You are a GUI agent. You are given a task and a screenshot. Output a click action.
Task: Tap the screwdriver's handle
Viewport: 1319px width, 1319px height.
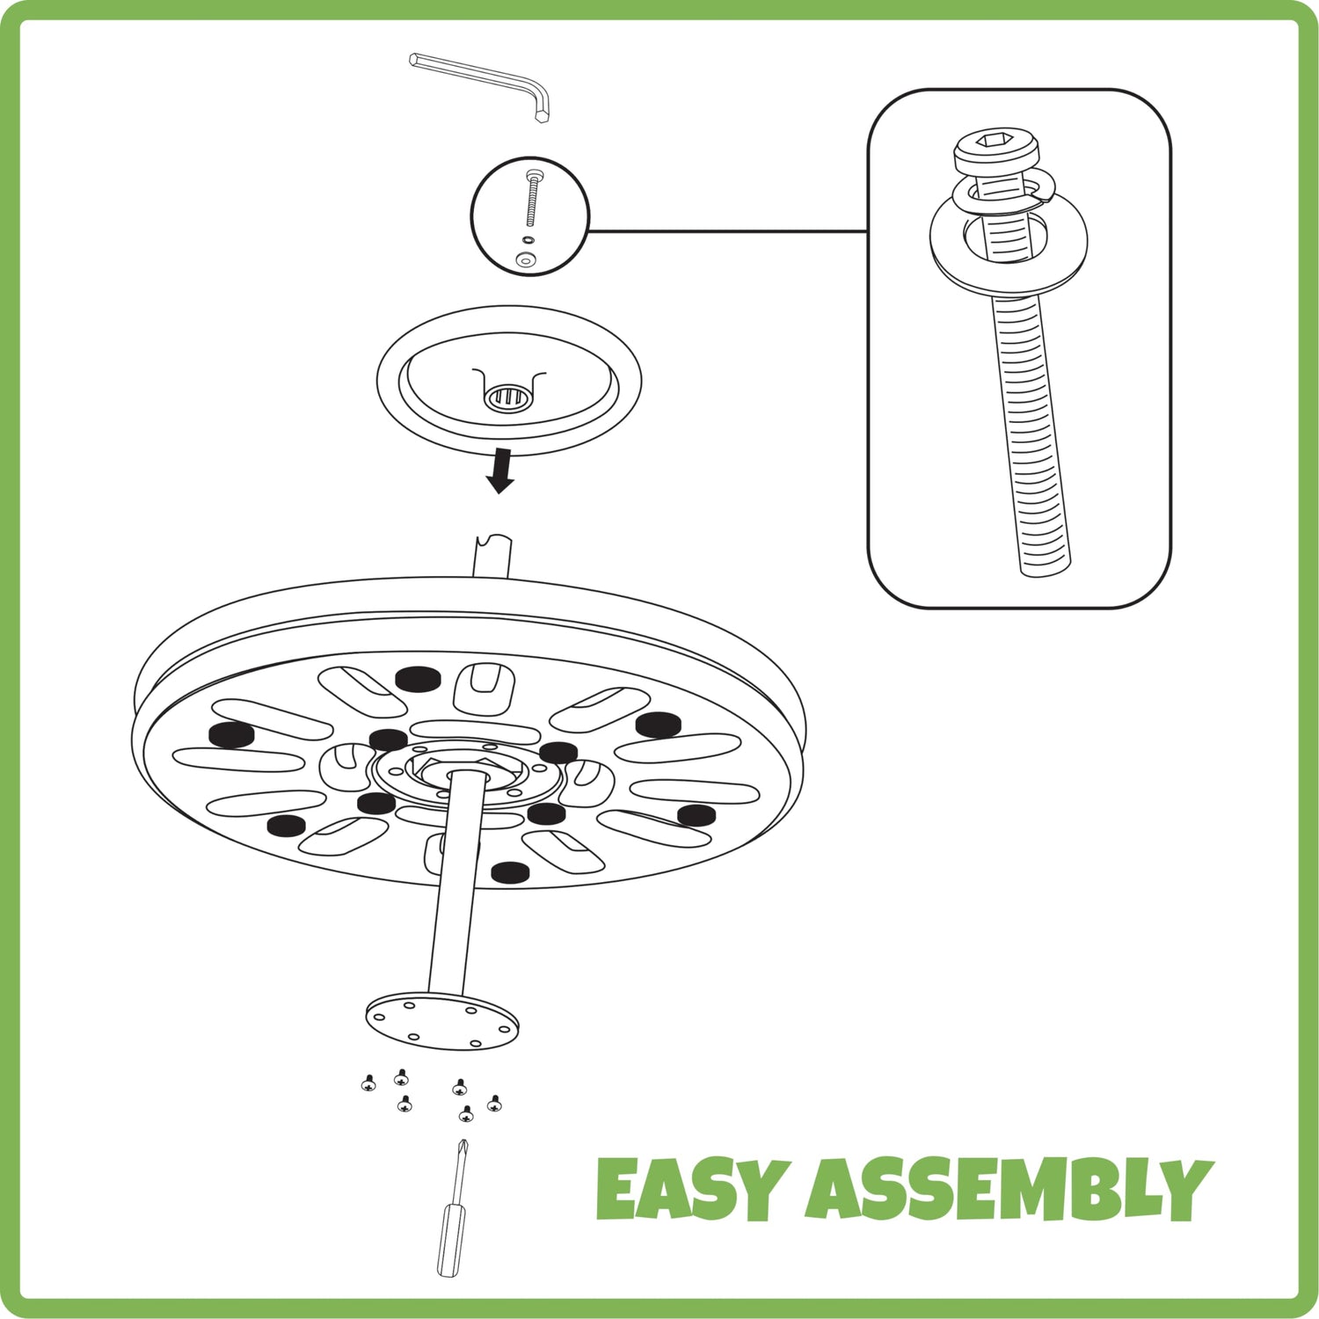point(452,1241)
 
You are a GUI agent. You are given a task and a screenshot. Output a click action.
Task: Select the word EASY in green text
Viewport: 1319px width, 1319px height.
point(689,1188)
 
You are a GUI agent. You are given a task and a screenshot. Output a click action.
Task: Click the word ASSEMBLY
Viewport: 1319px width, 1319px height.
point(1009,1188)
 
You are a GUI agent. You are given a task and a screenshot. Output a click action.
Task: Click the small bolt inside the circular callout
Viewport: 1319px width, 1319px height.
point(532,198)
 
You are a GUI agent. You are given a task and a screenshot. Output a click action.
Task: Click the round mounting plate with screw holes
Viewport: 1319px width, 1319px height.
point(442,1022)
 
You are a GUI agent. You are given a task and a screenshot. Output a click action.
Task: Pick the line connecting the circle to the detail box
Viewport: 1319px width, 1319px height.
point(728,231)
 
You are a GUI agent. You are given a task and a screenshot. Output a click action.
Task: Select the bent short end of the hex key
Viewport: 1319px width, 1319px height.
point(541,104)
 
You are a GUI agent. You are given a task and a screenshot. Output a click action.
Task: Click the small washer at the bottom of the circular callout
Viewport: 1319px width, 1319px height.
point(526,259)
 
